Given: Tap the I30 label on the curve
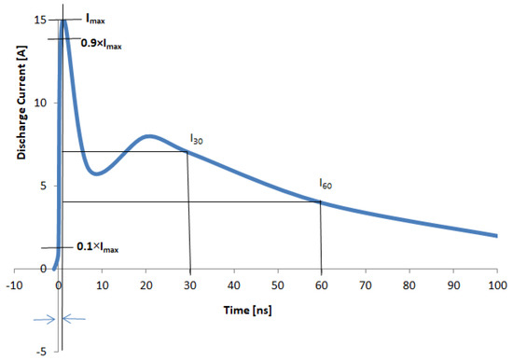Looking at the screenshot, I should [196, 139].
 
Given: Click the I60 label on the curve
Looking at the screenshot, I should [326, 183].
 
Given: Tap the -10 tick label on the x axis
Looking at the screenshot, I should [15, 283].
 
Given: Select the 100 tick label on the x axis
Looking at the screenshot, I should [496, 283].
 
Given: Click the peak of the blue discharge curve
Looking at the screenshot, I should [63, 21].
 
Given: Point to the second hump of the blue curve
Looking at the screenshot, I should [149, 136].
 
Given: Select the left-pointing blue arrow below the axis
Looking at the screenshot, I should [76, 319].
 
